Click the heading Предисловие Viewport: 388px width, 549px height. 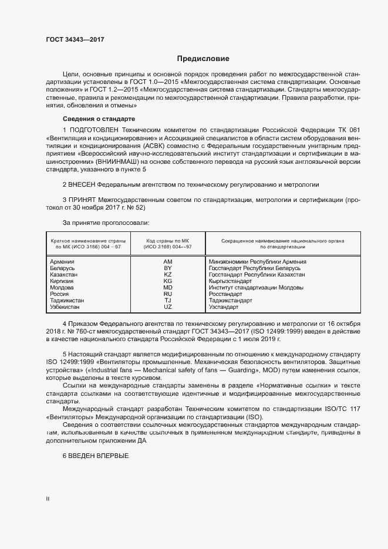coord(203,59)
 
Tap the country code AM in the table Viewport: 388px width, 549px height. coord(168,261)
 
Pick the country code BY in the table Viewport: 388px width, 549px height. coord(168,268)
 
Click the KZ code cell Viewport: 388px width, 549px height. coord(168,274)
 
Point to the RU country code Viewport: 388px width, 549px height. coord(168,294)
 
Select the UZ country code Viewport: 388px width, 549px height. coord(168,307)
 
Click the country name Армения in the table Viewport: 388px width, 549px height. coord(62,261)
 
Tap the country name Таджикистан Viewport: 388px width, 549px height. coord(67,300)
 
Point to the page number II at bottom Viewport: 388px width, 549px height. coord(48,499)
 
